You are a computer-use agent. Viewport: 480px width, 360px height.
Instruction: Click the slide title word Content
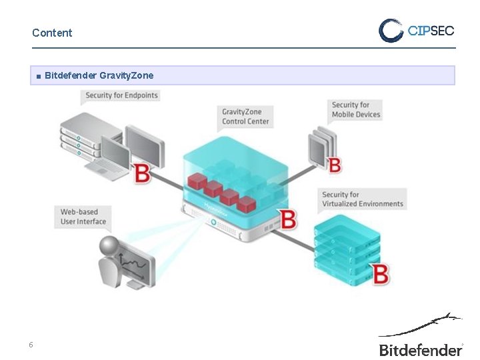click(52, 33)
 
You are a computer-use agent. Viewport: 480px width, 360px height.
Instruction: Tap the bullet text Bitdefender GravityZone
click(99, 76)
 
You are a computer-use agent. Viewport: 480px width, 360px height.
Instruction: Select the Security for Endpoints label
click(122, 95)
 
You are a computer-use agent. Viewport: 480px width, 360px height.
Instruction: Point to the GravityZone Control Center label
click(245, 116)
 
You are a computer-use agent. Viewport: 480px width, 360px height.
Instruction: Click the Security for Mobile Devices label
click(356, 109)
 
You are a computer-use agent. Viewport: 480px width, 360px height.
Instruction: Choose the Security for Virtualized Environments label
click(363, 199)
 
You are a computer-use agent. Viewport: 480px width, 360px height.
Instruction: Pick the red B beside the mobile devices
click(335, 163)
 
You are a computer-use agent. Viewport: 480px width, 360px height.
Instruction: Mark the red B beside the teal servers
click(381, 274)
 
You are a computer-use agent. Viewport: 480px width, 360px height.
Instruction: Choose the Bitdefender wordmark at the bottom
click(420, 349)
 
